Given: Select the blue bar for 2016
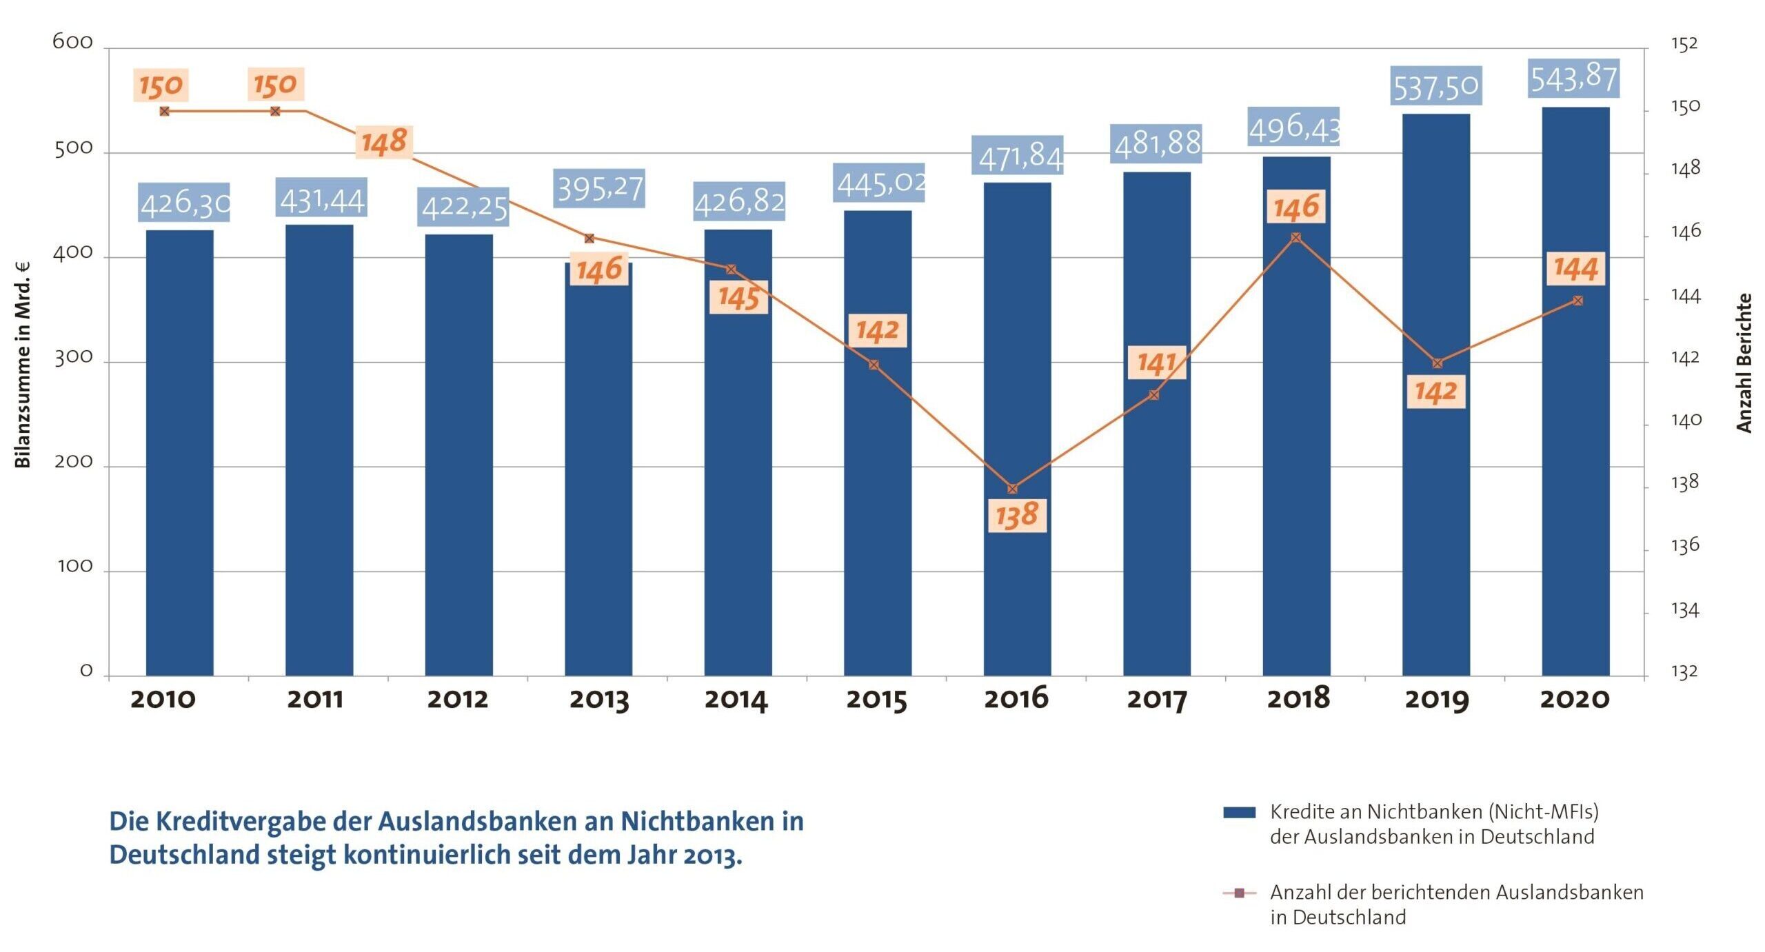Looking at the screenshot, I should click(1017, 427).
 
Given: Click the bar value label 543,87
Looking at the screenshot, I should click(1573, 78).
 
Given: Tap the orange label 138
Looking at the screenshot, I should click(1017, 515).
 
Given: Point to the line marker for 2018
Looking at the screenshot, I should click(1295, 238).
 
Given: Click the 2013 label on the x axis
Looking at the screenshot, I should click(598, 700).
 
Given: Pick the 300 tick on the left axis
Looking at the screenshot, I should click(73, 358).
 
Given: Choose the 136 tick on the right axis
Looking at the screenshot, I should click(1685, 546).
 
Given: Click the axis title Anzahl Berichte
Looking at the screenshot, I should click(1744, 363).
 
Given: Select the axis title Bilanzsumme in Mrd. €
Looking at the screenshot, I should click(23, 365).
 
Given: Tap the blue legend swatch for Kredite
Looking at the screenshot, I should click(1239, 813).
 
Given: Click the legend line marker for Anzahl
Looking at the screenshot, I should click(1239, 893).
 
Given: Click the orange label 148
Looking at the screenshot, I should click(384, 142).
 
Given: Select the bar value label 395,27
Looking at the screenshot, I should click(599, 188).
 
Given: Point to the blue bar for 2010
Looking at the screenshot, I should click(180, 452).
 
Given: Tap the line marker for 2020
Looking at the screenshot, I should click(1577, 301).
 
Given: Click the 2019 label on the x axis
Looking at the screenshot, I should click(1437, 700).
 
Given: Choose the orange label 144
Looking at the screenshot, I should click(1575, 268).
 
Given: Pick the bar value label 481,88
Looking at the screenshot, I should click(1156, 143).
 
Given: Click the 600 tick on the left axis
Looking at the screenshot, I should click(72, 43).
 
